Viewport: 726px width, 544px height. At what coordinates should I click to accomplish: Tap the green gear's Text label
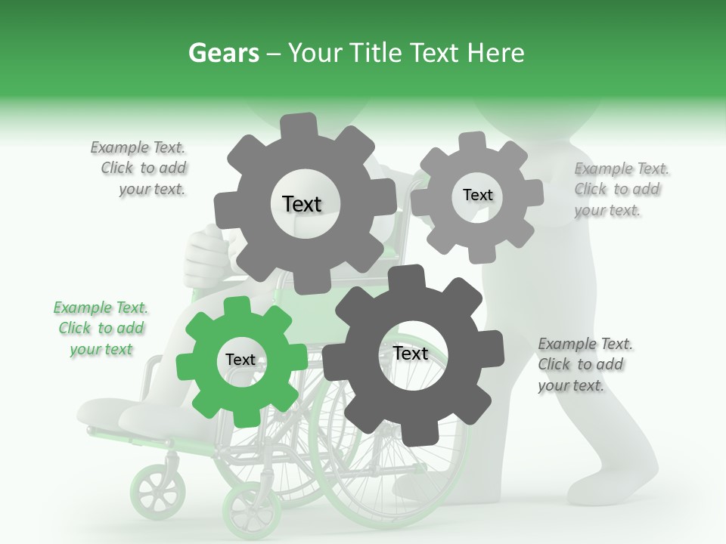point(240,360)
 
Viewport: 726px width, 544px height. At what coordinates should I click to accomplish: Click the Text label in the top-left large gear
point(302,204)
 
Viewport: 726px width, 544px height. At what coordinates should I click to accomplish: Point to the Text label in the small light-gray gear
point(477,195)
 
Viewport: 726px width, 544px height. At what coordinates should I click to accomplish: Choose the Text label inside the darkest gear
point(411,354)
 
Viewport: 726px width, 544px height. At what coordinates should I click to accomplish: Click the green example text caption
point(101,329)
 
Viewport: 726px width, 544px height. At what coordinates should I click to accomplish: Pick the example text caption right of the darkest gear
point(584,365)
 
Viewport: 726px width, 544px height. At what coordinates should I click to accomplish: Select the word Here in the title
point(497,53)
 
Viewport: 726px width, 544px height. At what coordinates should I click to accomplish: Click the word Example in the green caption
point(82,308)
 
